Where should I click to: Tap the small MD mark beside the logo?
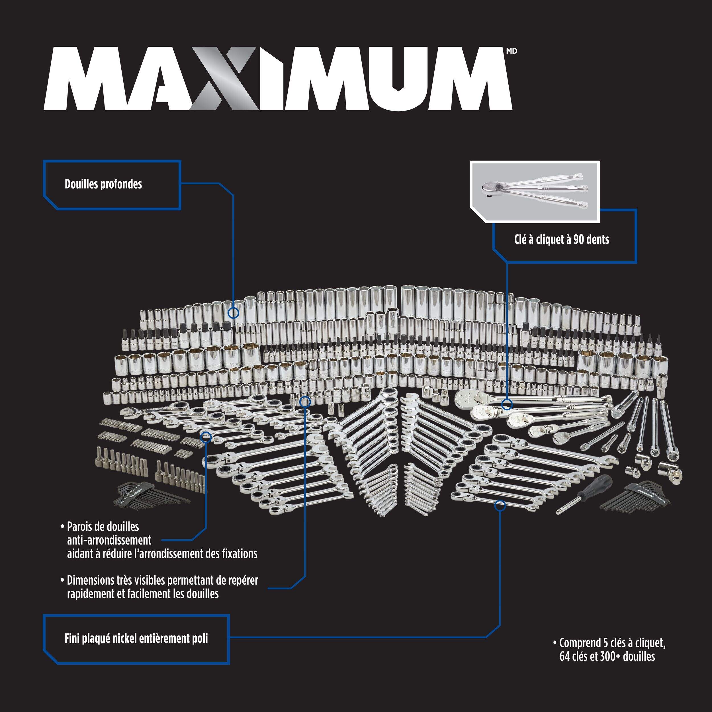pyautogui.click(x=512, y=51)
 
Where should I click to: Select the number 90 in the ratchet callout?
pyautogui.click(x=579, y=240)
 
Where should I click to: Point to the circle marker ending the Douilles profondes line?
pyautogui.click(x=233, y=313)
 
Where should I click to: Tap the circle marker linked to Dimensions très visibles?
pyautogui.click(x=305, y=402)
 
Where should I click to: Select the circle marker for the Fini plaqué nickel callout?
pyautogui.click(x=500, y=505)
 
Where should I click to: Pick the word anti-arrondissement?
pyautogui.click(x=109, y=540)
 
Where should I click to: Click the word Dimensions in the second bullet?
pyautogui.click(x=91, y=580)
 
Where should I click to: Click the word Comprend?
pyautogui.click(x=580, y=643)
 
